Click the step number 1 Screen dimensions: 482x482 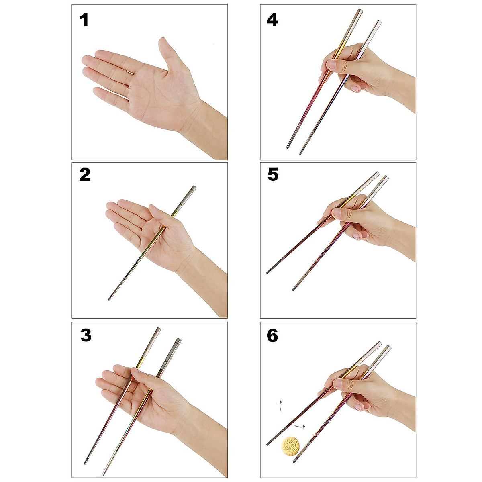pos(84,20)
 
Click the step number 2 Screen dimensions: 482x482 pos(85,175)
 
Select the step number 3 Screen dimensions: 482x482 pos(86,335)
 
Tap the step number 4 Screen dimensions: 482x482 pos(272,20)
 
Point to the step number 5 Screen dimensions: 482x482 pos(273,175)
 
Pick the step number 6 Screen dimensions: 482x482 pos(272,335)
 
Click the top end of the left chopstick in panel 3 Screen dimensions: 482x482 pos(157,332)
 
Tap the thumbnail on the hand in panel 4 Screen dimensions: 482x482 pos(332,65)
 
